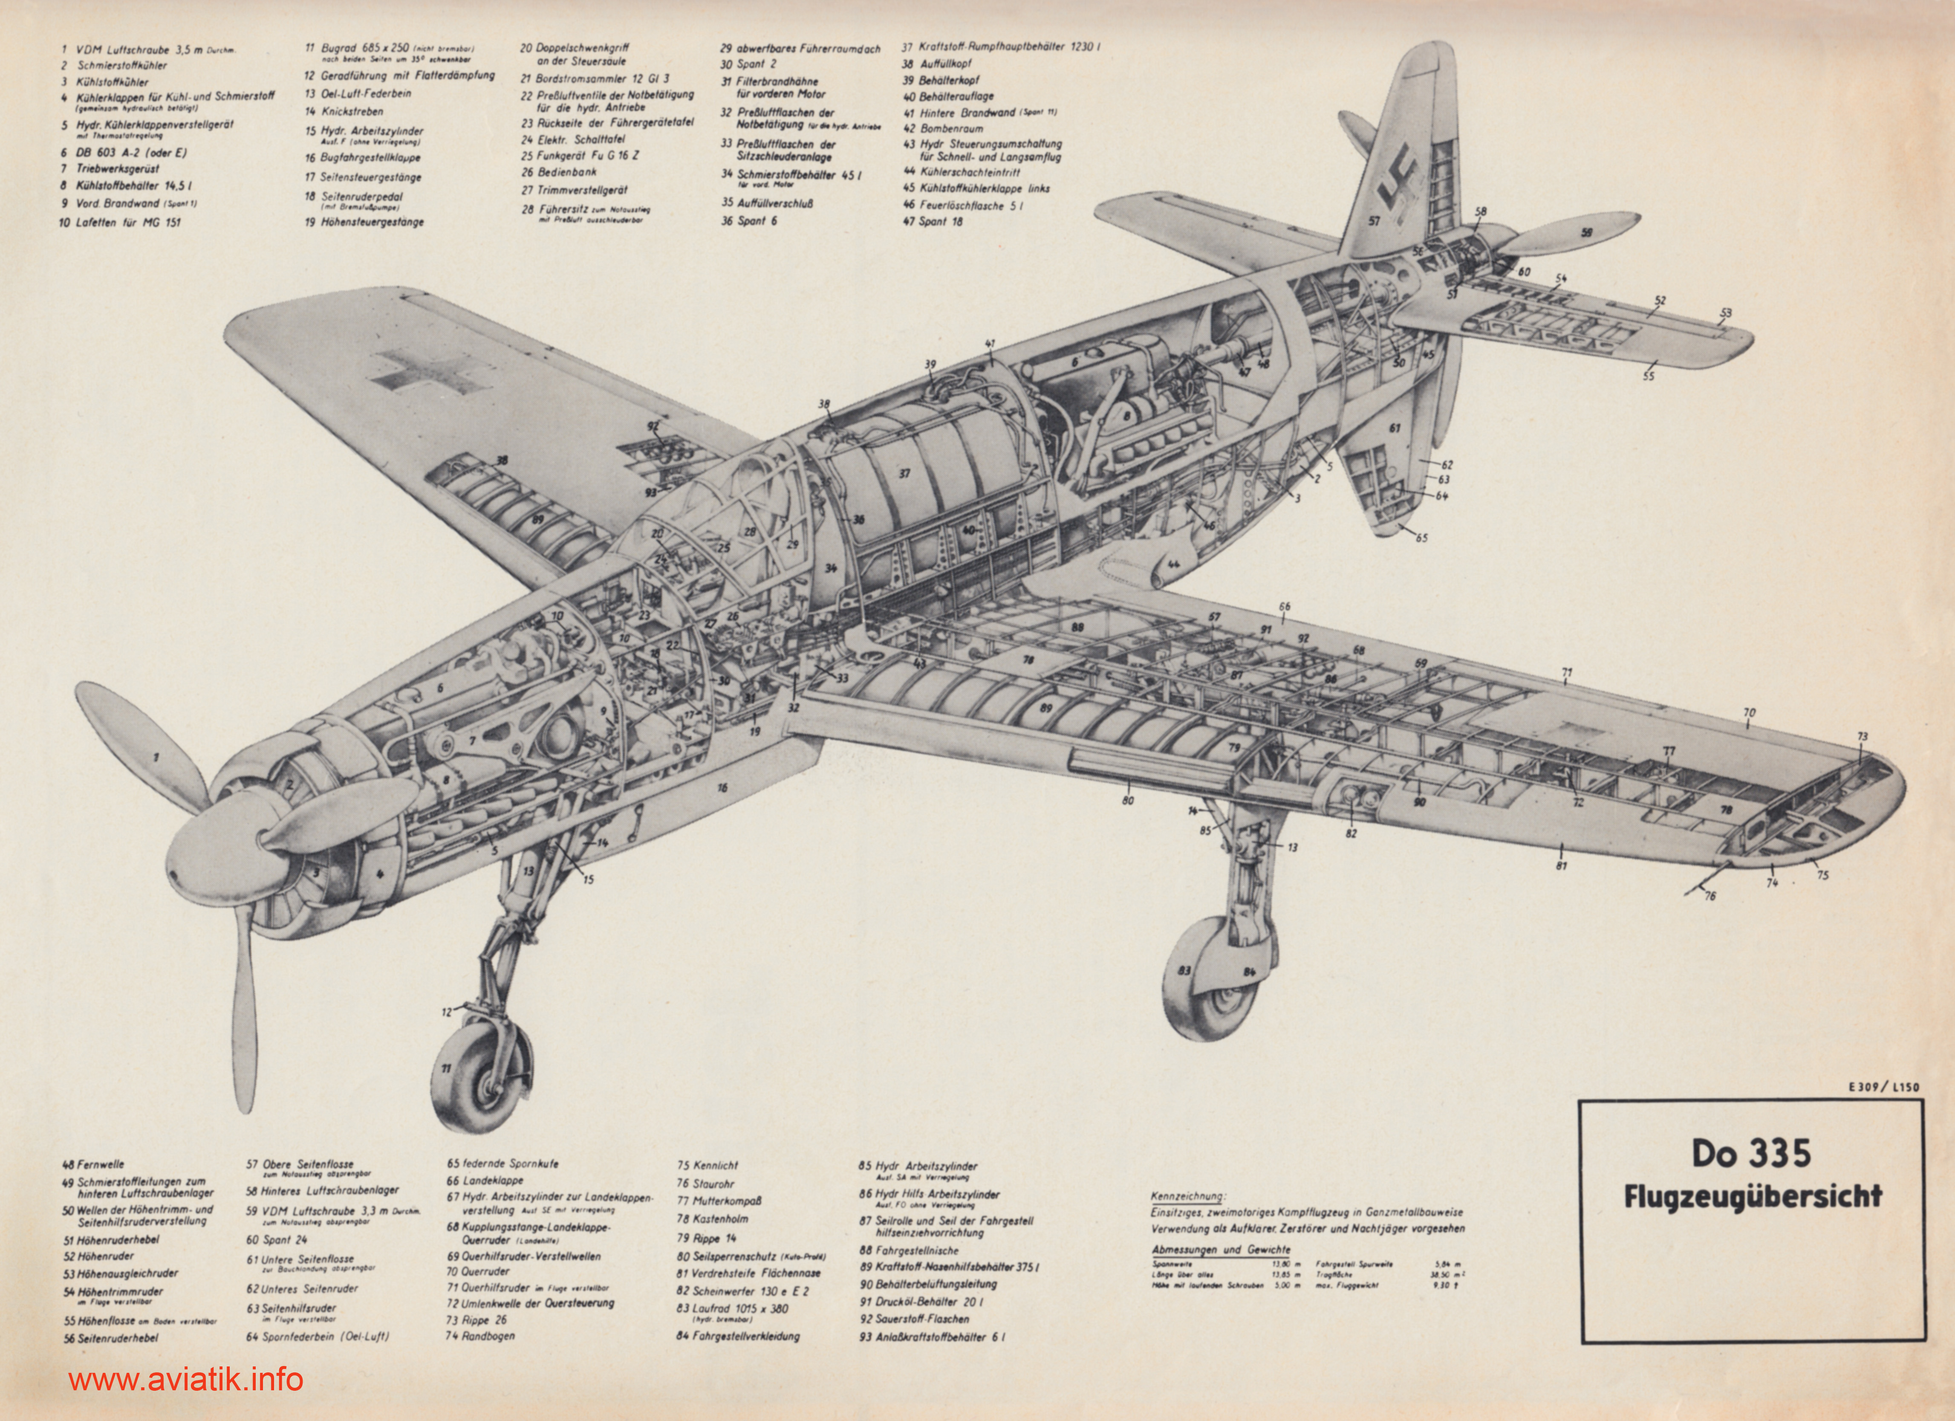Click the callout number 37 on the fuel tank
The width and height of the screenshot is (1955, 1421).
click(904, 473)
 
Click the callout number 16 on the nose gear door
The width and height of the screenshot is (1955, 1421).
click(722, 787)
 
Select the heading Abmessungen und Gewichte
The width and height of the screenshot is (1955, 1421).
click(1221, 1250)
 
